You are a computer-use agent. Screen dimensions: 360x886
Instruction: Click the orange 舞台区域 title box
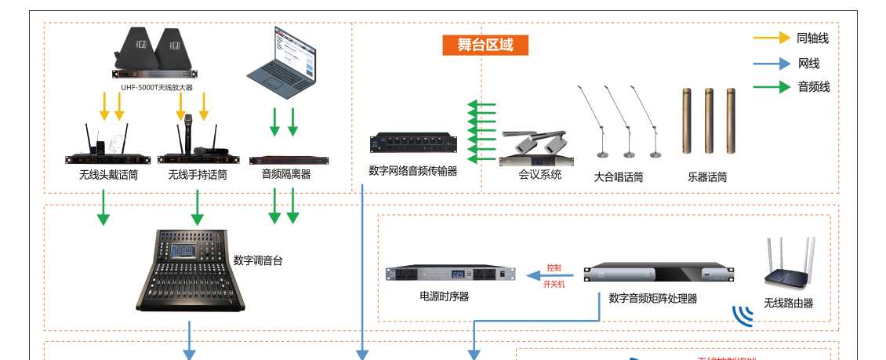(x=485, y=45)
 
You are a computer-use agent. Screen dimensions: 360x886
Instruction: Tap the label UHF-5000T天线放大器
(x=157, y=88)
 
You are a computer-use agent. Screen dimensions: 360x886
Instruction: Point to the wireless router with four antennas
(x=790, y=264)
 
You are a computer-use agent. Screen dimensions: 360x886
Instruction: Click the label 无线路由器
(x=789, y=303)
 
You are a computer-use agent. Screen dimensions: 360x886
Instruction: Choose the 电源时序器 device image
(x=450, y=274)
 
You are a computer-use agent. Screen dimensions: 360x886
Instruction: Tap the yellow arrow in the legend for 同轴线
(x=771, y=38)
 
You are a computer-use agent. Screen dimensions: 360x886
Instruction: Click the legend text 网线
(x=808, y=64)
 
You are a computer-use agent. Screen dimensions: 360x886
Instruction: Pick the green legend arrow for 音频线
(x=771, y=87)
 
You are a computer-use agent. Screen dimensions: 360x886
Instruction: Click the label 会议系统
(x=540, y=175)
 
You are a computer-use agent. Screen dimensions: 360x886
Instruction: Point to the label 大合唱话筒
(x=619, y=177)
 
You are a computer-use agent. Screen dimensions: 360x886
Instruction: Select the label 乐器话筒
(x=707, y=177)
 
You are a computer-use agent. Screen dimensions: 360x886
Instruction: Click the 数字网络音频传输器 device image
(x=412, y=143)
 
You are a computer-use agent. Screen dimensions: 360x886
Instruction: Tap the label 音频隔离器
(x=286, y=174)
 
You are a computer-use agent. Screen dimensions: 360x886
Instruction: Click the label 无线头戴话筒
(x=108, y=175)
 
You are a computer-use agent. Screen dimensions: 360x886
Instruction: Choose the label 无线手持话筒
(x=198, y=175)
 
